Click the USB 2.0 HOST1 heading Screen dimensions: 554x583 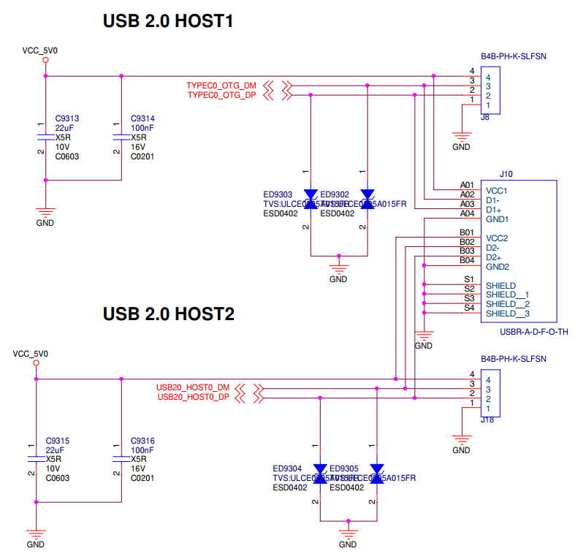168,22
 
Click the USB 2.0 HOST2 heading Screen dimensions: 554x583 169,314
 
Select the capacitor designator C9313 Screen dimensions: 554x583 66,118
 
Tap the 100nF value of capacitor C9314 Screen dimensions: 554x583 142,128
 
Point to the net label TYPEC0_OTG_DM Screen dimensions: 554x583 221,86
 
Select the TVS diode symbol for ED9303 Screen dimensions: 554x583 310,200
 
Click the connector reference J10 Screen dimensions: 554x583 506,175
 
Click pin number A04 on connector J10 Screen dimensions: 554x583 467,213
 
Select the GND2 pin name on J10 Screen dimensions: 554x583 498,267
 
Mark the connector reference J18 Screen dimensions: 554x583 487,420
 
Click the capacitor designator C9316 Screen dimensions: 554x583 142,441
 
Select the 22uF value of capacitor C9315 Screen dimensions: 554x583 55,450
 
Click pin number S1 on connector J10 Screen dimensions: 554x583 468,279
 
